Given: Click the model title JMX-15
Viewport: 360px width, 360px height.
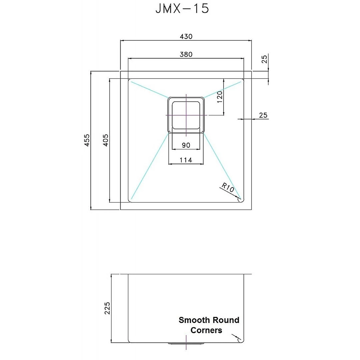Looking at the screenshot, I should click(182, 9).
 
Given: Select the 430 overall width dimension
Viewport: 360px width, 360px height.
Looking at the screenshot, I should click(186, 36).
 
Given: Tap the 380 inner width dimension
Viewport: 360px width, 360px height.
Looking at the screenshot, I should click(186, 54).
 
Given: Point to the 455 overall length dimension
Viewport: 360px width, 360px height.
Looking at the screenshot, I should click(87, 140).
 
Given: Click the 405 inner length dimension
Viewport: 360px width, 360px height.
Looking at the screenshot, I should click(105, 140).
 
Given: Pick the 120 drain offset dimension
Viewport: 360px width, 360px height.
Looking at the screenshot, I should click(219, 97).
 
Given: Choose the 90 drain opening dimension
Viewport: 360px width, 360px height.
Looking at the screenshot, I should click(186, 145).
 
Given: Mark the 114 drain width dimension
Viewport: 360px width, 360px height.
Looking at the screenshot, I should click(186, 160).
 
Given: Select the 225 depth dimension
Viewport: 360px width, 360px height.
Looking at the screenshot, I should click(107, 308).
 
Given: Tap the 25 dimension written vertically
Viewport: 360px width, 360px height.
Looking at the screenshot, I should click(264, 59).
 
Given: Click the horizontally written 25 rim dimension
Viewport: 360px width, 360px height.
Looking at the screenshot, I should click(263, 115).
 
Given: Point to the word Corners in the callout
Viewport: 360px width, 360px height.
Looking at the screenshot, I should click(206, 330).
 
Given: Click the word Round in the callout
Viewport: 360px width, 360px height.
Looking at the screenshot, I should click(226, 320).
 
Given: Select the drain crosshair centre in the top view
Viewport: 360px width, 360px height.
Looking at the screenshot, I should click(186, 115).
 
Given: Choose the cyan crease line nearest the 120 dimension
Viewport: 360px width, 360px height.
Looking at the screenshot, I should click(223, 89).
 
